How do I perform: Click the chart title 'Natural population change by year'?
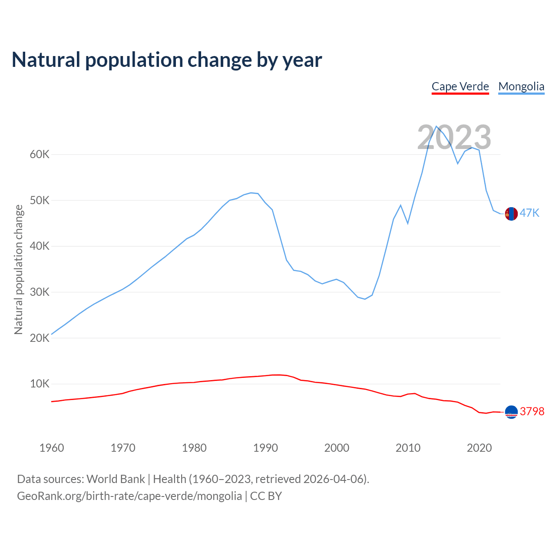click(x=167, y=60)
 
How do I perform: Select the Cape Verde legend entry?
click(x=460, y=86)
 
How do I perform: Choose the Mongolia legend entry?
click(x=521, y=86)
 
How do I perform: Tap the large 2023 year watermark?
click(x=454, y=137)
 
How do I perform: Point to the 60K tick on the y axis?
click(x=40, y=155)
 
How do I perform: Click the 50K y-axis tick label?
click(x=40, y=201)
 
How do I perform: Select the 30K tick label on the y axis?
click(x=40, y=292)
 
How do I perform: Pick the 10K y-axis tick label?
click(x=40, y=384)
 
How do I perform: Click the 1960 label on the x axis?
click(x=52, y=448)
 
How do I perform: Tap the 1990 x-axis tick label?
click(x=265, y=448)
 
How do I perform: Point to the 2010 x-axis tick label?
click(x=408, y=448)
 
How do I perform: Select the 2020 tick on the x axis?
click(x=479, y=448)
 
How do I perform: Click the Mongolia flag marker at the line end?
click(x=511, y=214)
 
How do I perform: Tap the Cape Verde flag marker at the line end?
click(x=511, y=412)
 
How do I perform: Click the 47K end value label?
click(x=530, y=213)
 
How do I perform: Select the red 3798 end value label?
click(x=532, y=411)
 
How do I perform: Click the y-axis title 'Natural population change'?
click(x=19, y=269)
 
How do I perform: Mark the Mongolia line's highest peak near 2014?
click(x=436, y=126)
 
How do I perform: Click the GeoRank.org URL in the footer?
click(x=129, y=496)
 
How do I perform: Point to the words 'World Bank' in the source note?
click(x=116, y=479)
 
